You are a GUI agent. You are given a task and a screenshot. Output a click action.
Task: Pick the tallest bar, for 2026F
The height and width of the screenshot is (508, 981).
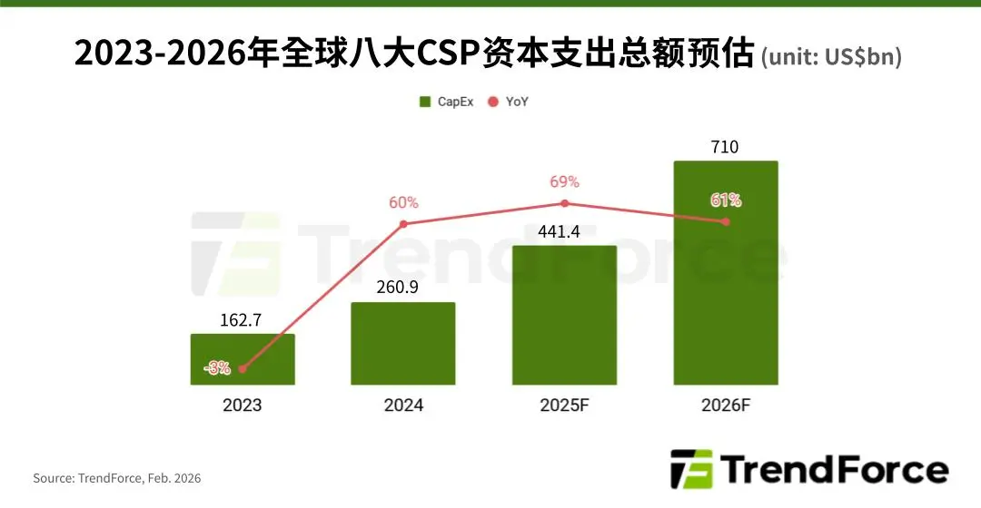click(726, 290)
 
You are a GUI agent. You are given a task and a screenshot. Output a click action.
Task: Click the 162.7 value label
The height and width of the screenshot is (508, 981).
click(243, 319)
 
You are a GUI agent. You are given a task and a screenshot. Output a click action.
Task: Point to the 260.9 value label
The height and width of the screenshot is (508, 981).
click(403, 288)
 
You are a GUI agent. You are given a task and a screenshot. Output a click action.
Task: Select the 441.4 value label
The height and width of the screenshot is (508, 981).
click(564, 231)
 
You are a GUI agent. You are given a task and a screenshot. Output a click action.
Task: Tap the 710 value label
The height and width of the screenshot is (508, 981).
click(726, 147)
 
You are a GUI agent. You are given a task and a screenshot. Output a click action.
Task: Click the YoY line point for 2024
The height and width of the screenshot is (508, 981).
click(403, 223)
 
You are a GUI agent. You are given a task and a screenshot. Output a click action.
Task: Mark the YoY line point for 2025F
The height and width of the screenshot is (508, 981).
click(564, 203)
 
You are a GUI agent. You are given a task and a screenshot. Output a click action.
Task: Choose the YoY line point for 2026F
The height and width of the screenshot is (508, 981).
click(726, 221)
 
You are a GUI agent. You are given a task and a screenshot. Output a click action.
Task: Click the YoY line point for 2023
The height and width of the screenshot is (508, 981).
click(243, 369)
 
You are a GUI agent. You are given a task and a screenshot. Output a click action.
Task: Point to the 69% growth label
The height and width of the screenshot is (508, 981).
click(564, 182)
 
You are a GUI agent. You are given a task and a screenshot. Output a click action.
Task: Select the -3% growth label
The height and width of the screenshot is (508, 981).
click(218, 368)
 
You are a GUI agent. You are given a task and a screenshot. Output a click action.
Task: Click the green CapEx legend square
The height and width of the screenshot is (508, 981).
click(425, 102)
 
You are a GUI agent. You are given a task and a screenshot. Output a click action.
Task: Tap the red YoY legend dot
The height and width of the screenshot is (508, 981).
click(494, 102)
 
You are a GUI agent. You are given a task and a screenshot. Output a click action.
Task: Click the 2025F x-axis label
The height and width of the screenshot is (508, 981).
click(564, 405)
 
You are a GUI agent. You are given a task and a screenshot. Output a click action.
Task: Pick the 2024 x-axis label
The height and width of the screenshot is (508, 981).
click(403, 405)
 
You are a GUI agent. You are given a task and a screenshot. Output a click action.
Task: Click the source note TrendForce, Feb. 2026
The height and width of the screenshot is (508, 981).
click(117, 477)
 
